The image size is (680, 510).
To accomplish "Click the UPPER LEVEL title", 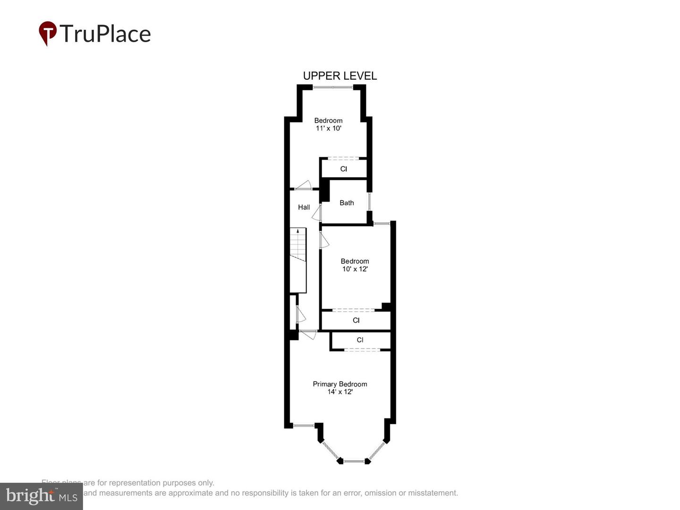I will coord(340,76).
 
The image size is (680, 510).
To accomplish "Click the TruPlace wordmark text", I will coord(105,34).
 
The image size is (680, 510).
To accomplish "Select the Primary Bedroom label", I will coord(340,384).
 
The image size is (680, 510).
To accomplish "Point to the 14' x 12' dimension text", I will coord(340,392).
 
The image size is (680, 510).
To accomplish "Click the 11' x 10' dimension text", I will coord(328,128).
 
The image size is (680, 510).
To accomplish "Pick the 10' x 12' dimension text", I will coord(355,269).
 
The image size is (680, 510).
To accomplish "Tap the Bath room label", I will coord(347,203).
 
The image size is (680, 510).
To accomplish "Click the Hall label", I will coord(304,207).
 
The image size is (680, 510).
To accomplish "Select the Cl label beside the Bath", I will coord(343,169).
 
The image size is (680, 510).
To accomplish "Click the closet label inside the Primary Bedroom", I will coord(360,340).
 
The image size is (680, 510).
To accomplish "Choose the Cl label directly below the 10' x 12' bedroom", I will coord(356,320).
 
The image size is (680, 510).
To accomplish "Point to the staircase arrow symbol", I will coord(297,231).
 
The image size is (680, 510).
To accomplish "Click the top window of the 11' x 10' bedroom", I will coord(332,87).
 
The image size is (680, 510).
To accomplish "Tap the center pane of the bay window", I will coord(353,461).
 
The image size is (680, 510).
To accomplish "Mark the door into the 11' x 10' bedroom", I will coord(303,186).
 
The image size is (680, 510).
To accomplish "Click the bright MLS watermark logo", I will coord(41,496).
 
